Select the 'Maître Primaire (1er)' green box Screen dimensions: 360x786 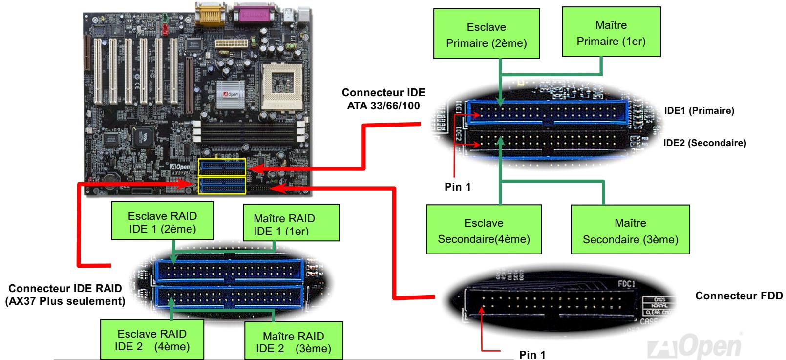click(x=611, y=33)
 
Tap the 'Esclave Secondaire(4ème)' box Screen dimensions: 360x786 click(x=484, y=231)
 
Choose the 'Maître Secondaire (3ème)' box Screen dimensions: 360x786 click(x=630, y=231)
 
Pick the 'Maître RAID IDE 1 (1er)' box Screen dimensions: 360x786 click(x=284, y=224)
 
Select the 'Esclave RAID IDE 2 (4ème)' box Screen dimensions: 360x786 click(x=152, y=339)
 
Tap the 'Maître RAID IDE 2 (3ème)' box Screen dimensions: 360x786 click(x=293, y=342)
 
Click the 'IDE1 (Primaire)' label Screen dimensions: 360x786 click(x=699, y=111)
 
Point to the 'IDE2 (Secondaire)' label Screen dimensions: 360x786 click(x=704, y=143)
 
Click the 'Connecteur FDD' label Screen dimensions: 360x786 click(x=739, y=296)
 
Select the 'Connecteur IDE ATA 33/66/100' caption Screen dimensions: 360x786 click(x=383, y=99)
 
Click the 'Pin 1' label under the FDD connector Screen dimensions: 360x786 click(x=531, y=355)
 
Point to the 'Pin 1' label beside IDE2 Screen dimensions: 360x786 click(x=458, y=187)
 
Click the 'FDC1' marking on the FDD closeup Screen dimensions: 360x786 click(x=625, y=283)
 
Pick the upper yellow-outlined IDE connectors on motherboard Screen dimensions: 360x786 click(x=222, y=167)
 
